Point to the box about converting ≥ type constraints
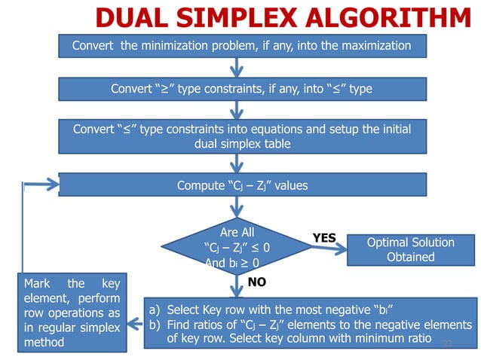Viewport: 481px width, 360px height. pos(241,89)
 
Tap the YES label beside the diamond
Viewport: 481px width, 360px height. pos(323,237)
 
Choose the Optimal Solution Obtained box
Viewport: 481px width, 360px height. pos(410,249)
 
